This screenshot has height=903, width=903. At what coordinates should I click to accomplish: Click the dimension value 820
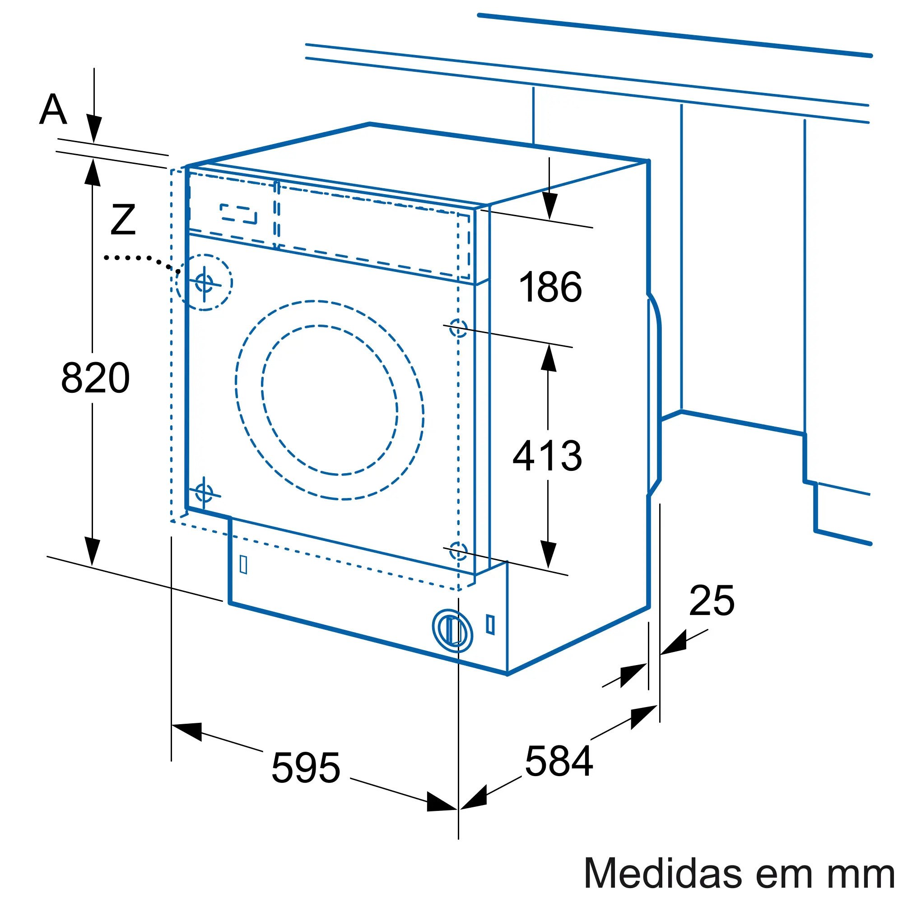[95, 377]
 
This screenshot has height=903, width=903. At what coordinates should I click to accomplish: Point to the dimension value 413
[547, 455]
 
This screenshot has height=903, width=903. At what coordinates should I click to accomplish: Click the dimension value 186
[550, 287]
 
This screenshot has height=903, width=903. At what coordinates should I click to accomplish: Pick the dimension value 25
[712, 600]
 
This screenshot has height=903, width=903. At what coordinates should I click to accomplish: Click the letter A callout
[53, 109]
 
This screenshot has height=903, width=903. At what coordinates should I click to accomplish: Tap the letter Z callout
[123, 219]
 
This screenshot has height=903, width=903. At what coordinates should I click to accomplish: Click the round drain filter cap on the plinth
[452, 631]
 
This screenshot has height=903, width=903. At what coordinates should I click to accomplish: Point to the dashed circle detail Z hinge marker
[204, 282]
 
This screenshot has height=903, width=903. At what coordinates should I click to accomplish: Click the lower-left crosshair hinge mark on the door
[204, 493]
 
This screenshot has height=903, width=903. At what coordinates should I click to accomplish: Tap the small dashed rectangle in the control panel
[238, 214]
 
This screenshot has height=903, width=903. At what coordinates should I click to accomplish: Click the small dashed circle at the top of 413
[458, 328]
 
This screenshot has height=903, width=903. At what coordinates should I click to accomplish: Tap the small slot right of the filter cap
[490, 624]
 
